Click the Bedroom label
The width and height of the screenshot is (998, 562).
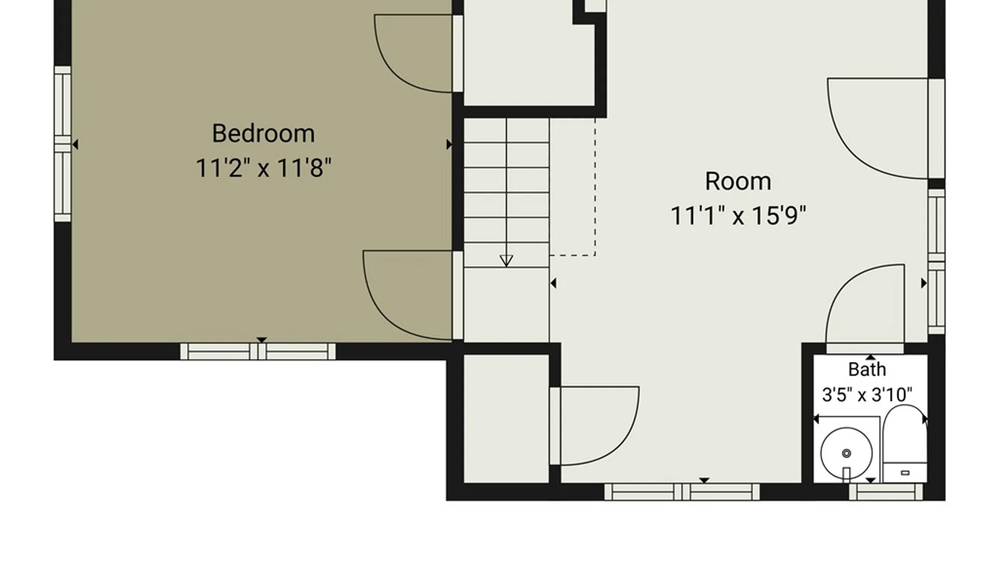(264, 134)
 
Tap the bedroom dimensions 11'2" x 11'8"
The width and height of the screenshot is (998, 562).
(264, 168)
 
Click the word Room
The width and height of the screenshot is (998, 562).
(738, 182)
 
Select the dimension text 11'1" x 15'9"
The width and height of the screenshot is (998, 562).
(738, 215)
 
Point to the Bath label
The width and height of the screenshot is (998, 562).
(867, 369)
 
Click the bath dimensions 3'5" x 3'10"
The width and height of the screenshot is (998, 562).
(867, 394)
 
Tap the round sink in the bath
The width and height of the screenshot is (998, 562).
(846, 453)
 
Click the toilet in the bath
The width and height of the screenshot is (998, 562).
(905, 443)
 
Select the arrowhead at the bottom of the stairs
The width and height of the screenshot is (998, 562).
(506, 261)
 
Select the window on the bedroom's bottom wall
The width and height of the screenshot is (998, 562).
(258, 352)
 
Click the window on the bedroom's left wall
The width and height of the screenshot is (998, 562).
(62, 144)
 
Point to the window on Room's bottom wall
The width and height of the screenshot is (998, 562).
(682, 492)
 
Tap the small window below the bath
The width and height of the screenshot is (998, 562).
(886, 492)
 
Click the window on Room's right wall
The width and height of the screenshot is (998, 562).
(937, 261)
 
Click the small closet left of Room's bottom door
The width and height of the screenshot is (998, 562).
(506, 419)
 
